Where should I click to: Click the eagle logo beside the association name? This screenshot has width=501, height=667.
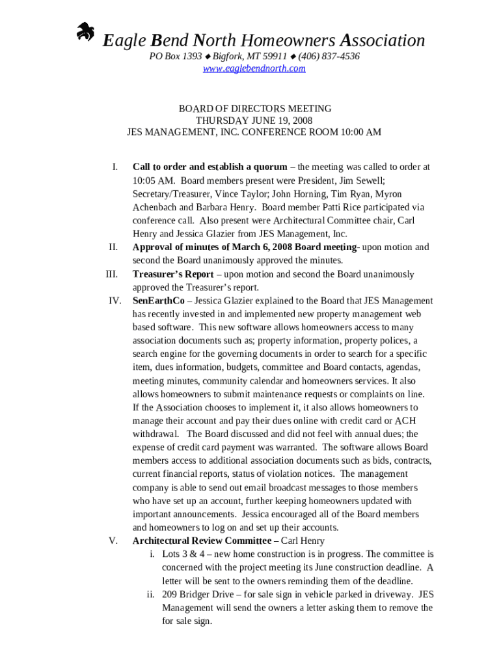click(x=85, y=33)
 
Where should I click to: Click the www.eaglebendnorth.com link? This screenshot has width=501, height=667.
click(x=254, y=68)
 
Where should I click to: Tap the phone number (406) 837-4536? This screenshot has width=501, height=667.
click(x=329, y=56)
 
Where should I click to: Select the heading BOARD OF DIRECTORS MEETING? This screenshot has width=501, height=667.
click(x=255, y=109)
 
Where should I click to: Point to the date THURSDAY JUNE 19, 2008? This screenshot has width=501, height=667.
click(x=254, y=121)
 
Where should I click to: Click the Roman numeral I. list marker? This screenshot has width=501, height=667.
click(x=115, y=167)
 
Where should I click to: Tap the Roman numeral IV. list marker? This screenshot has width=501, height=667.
click(x=115, y=301)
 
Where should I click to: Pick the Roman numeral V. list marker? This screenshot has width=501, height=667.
click(x=113, y=541)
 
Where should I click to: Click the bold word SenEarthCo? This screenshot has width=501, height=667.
click(x=158, y=301)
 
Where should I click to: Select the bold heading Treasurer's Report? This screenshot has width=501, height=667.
click(x=172, y=274)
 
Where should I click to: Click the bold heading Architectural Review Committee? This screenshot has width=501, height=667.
click(x=202, y=541)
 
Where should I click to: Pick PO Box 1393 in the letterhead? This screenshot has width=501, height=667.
click(x=176, y=56)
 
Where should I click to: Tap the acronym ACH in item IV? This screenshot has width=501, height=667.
click(x=405, y=421)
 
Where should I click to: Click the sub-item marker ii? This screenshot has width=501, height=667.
click(x=150, y=595)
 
